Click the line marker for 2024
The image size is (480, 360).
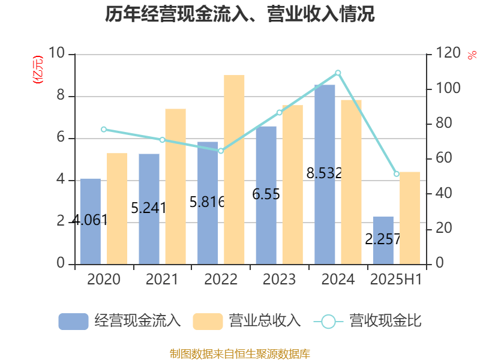[x=338, y=73]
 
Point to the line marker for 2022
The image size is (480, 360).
[x=221, y=151]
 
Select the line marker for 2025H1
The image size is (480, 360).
[x=397, y=174]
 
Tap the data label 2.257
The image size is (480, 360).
[x=383, y=239]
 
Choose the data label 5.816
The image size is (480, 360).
[x=207, y=202]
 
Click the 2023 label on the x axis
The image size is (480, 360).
[x=280, y=280]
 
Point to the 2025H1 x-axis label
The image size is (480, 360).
[x=397, y=280]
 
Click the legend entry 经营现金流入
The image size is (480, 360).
[x=120, y=321]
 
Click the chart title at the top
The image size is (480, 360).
[x=240, y=14]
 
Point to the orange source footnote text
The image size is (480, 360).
[x=240, y=353]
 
